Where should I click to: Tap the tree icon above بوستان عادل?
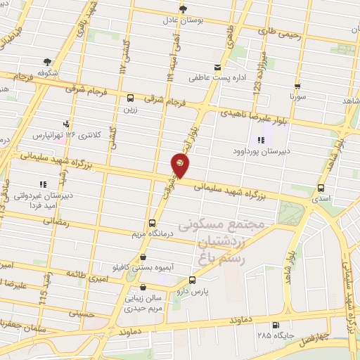[183, 9]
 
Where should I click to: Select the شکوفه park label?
[47, 72]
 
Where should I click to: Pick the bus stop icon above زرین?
[130, 98]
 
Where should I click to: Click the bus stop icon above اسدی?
[321, 188]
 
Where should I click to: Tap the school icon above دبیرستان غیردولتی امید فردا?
[44, 184]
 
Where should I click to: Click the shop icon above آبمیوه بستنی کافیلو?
[143, 257]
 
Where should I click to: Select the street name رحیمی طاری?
[278, 31]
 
